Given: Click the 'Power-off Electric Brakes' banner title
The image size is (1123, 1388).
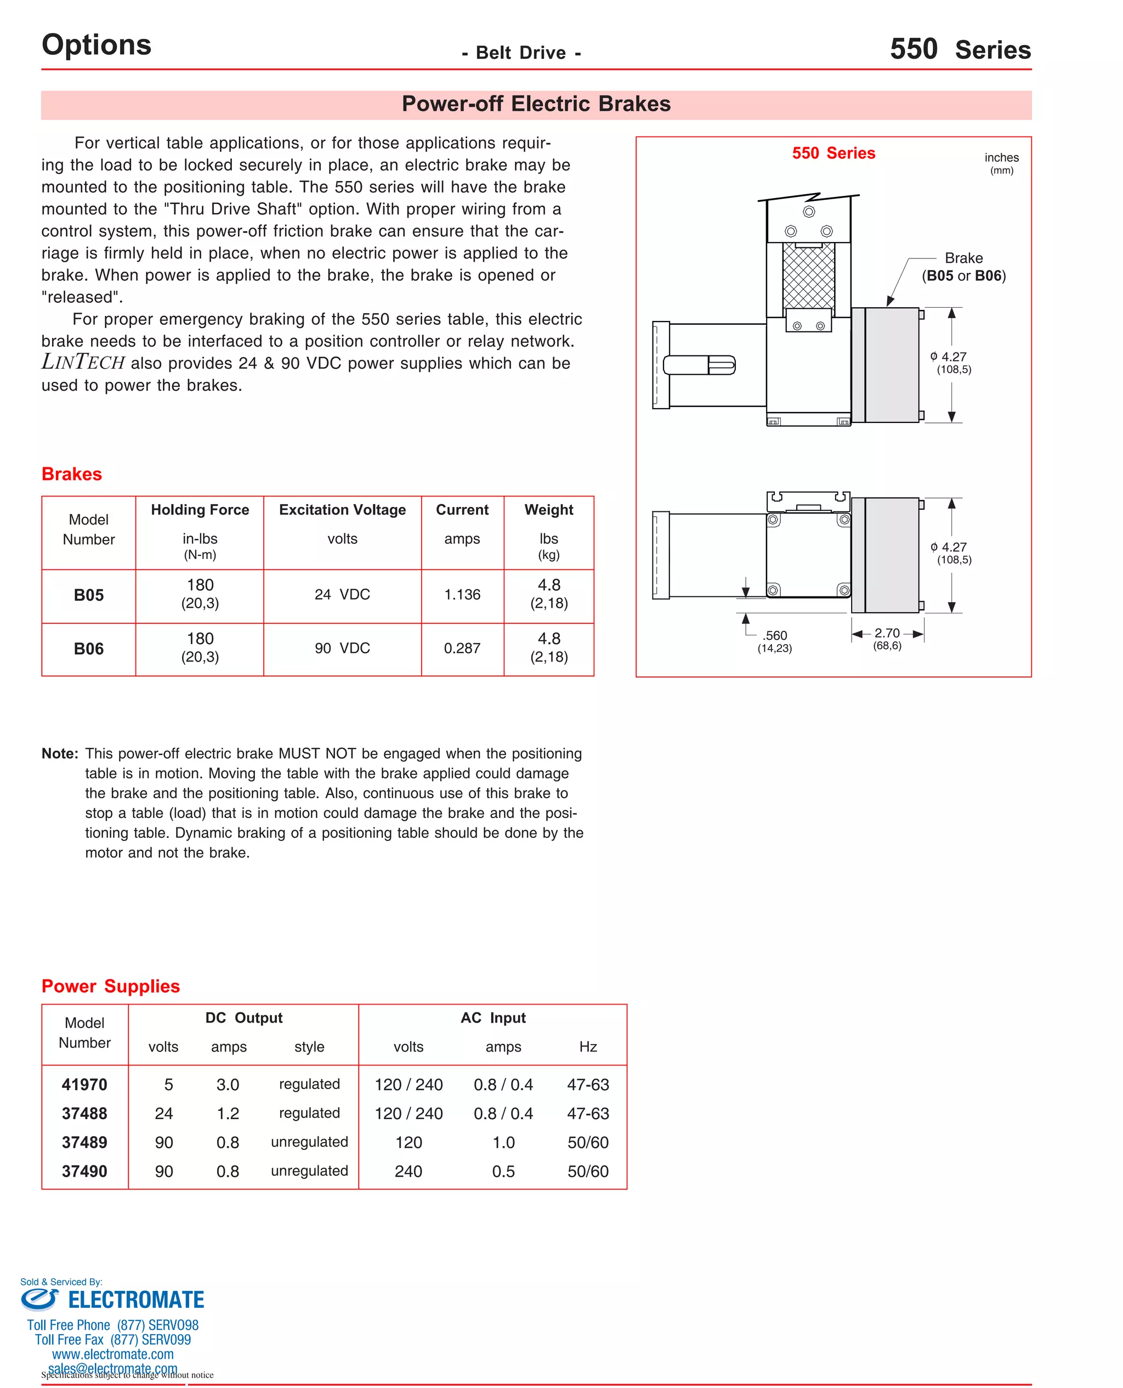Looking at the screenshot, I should (x=536, y=104).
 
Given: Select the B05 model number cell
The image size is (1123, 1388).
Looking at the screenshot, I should (x=89, y=595).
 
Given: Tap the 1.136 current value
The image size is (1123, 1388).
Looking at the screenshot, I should (x=462, y=595).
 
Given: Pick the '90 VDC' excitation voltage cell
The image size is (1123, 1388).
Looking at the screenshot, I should (x=342, y=648).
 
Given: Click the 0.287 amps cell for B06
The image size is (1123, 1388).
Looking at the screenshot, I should (x=462, y=648).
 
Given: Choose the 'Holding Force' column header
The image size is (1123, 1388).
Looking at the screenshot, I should (x=200, y=510).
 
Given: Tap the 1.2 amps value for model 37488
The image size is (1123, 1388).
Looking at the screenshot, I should (x=228, y=1114).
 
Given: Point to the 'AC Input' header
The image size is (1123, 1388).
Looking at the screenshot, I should (x=493, y=1018).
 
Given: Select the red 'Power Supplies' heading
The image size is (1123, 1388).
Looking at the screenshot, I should (x=111, y=986).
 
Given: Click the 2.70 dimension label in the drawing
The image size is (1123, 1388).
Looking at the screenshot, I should (x=887, y=634).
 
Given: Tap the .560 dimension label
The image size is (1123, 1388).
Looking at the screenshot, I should (x=774, y=636).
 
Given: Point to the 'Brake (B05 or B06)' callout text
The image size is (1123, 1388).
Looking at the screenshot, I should (x=963, y=267).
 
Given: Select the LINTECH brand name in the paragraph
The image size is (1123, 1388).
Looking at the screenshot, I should (x=83, y=363).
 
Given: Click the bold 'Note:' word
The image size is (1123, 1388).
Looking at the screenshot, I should (x=60, y=754).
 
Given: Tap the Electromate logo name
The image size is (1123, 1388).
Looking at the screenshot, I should (x=136, y=1301).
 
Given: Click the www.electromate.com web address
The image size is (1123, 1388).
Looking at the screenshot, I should (x=112, y=1355).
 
